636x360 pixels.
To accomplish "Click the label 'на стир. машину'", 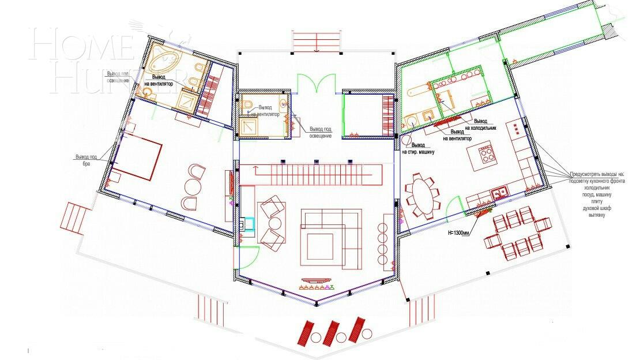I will pyautogui.click(x=418, y=151).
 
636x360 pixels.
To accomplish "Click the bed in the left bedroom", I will pyautogui.click(x=137, y=157).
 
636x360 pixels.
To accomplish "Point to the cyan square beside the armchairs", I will pyautogui.click(x=249, y=223).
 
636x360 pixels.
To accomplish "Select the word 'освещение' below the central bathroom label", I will pyautogui.click(x=320, y=135).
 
